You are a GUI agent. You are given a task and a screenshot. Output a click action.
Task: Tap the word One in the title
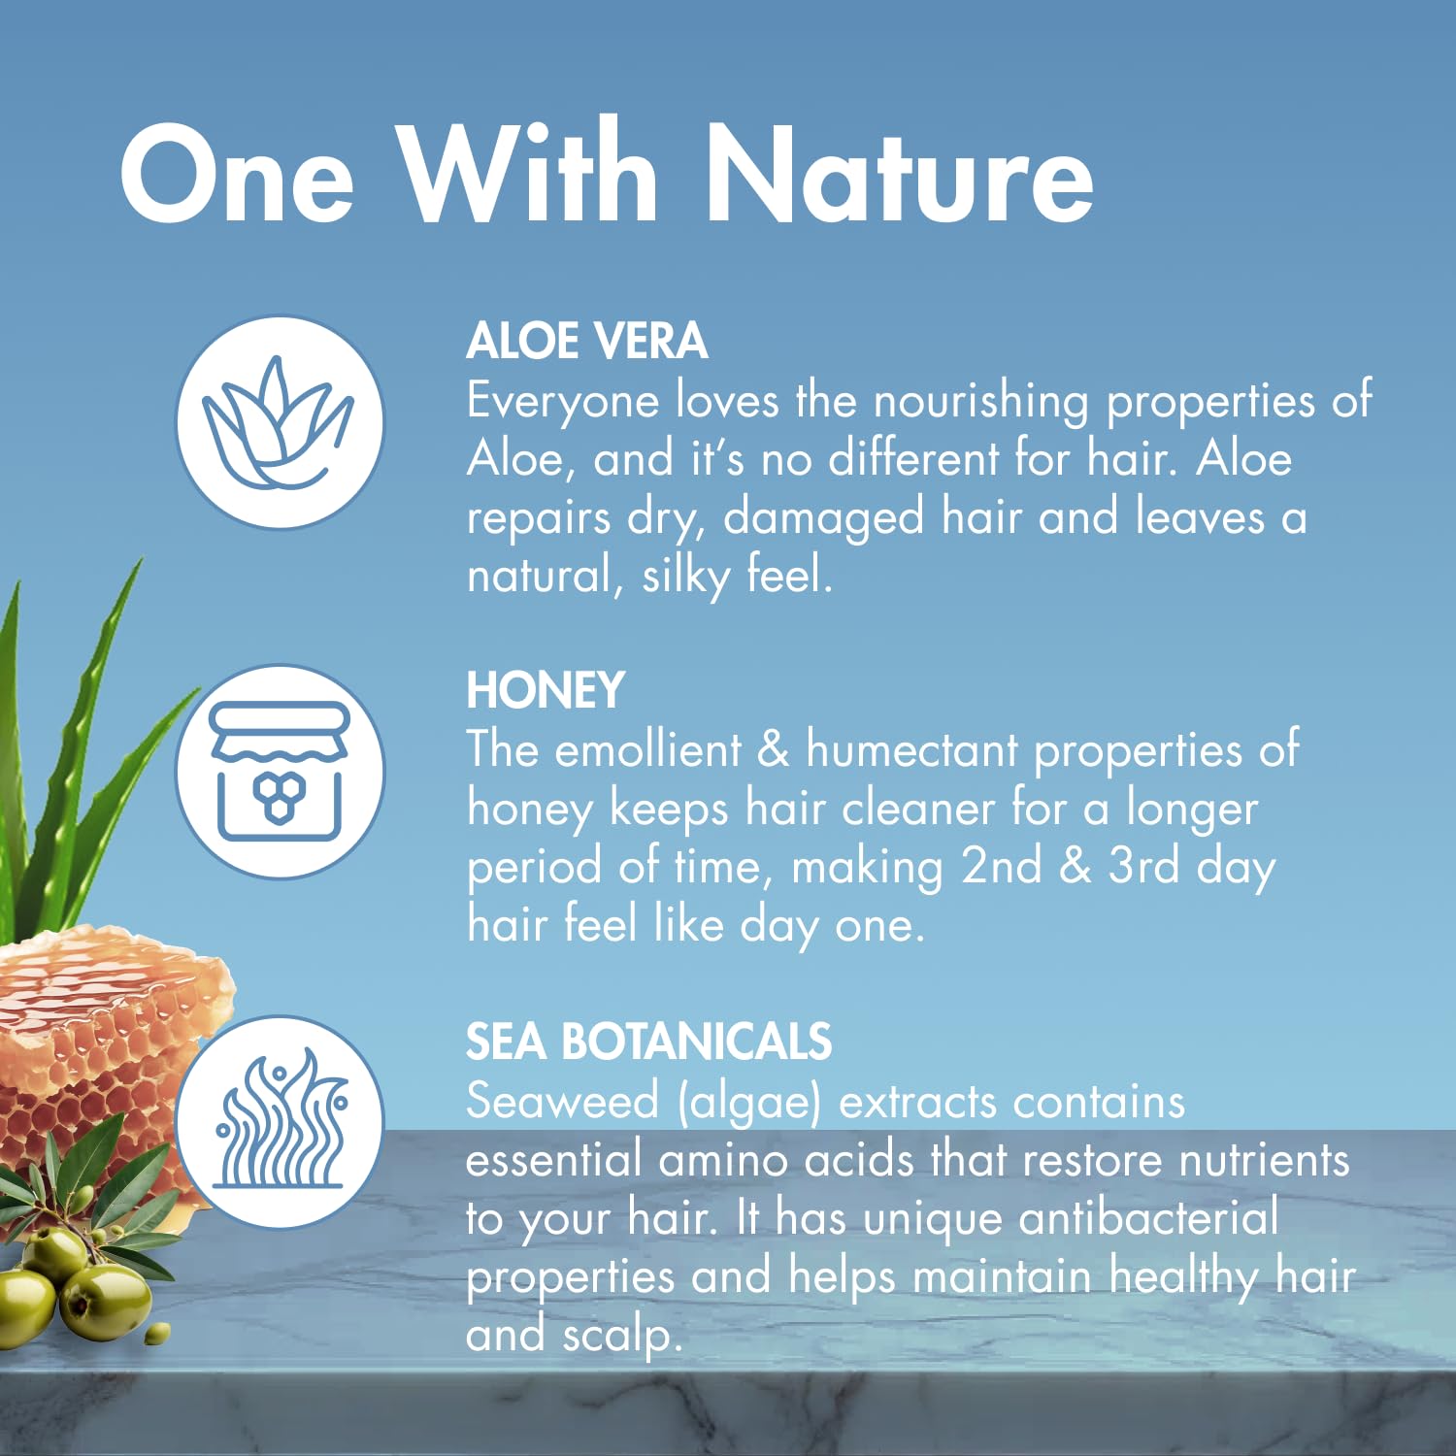coord(237,175)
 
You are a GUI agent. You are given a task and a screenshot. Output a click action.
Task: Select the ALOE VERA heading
coord(587,341)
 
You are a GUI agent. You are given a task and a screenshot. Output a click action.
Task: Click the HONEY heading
coord(546,690)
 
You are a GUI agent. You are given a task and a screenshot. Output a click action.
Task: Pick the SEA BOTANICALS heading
coord(648,1042)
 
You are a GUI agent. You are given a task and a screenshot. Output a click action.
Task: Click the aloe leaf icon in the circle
coord(280,422)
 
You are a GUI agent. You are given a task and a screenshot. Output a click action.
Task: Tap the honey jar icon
coord(280,772)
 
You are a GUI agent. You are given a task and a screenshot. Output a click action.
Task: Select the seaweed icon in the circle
coord(280,1121)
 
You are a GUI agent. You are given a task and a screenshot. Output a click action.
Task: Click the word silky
coord(685,577)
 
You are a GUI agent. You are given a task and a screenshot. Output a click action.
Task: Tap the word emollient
coord(647,750)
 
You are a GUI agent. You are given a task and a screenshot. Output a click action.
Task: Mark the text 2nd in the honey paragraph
coord(1001,866)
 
